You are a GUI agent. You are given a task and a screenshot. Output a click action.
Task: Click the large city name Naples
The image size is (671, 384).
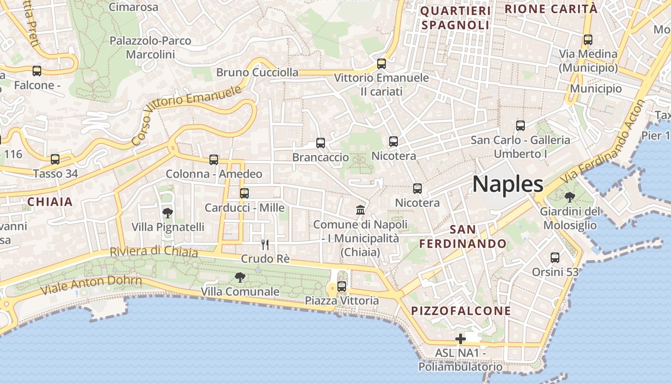508,184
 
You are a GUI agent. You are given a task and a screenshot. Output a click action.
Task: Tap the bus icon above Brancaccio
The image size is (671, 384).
321,143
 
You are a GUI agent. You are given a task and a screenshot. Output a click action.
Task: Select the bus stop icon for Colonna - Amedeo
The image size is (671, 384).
214,159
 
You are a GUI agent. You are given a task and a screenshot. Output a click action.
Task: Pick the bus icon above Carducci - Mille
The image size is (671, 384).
244,193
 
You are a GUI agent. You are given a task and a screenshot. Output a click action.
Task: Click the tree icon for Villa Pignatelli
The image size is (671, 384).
167,213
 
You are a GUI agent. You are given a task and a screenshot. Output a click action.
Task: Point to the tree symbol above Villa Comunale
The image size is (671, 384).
240,277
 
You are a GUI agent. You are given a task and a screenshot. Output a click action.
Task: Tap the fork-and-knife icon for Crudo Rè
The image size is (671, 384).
265,245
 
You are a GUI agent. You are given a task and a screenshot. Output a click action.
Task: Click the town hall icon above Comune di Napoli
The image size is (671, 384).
360,210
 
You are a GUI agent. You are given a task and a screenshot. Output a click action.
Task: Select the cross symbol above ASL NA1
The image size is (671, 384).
460,339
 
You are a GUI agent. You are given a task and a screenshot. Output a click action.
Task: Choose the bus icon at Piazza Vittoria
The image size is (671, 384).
342,287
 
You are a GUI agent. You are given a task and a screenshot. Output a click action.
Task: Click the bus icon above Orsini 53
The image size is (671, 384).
555,258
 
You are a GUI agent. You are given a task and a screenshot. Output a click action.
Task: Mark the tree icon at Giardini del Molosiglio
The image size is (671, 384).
569,197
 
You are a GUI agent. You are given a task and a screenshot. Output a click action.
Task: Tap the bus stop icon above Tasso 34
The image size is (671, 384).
55,159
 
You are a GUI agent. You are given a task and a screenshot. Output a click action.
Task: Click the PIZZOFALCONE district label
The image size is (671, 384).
461,311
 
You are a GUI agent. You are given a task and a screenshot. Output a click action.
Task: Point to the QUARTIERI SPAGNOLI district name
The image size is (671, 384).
455,18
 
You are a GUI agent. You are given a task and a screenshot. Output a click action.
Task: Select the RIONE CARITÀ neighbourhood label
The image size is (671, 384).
551,9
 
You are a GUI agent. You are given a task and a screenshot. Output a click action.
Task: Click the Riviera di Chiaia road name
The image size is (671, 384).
153,251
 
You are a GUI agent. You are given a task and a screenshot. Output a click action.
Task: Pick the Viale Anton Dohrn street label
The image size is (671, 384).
91,285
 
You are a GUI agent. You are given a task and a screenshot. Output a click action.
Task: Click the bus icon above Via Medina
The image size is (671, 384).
588,40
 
